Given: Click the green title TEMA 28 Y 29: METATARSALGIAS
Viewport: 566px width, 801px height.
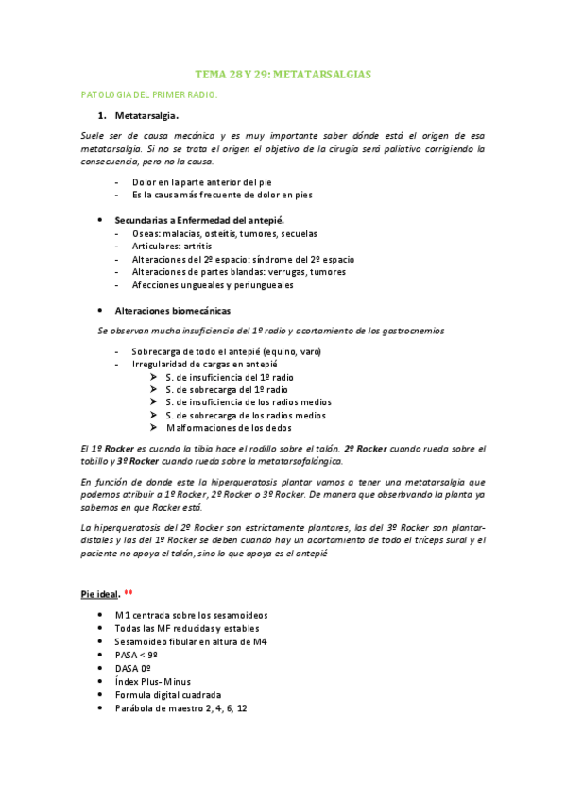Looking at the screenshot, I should pyautogui.click(x=283, y=73).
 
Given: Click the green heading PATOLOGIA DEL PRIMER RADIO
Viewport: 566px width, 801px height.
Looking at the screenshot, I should pyautogui.click(x=149, y=94).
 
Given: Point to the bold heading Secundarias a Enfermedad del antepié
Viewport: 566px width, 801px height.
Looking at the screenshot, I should pyautogui.click(x=192, y=219).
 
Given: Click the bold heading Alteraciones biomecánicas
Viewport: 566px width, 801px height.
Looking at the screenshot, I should pyautogui.click(x=172, y=311).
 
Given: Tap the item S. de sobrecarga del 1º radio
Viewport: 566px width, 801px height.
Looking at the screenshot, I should pyautogui.click(x=229, y=389).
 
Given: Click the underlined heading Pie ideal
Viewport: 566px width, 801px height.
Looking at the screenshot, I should pyautogui.click(x=99, y=593).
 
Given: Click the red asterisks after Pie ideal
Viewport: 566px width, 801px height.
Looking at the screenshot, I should pyautogui.click(x=129, y=592).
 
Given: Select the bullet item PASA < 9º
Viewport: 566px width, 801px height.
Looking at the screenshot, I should pyautogui.click(x=136, y=654).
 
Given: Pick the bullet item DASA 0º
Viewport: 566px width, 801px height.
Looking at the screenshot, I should pyautogui.click(x=132, y=667).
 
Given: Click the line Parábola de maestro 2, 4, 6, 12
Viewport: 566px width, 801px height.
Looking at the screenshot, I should pyautogui.click(x=180, y=707).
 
